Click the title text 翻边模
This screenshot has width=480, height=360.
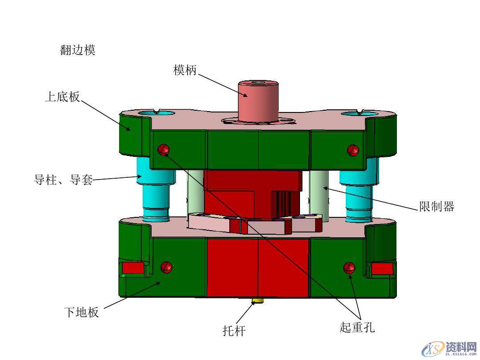pyautogui.click(x=78, y=50)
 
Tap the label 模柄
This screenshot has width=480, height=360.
pyautogui.click(x=185, y=70)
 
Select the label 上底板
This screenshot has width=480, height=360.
pyautogui.click(x=63, y=96)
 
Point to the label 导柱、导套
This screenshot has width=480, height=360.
pyautogui.click(x=64, y=180)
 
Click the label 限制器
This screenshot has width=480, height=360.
pyautogui.click(x=436, y=206)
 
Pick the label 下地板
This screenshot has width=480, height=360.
pyautogui.click(x=81, y=312)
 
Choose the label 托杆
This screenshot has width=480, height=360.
pyautogui.click(x=234, y=331)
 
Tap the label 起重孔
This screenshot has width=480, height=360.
pyautogui.click(x=357, y=328)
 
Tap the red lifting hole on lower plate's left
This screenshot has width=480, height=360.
pyautogui.click(x=167, y=267)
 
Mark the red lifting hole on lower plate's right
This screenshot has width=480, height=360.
pyautogui.click(x=349, y=267)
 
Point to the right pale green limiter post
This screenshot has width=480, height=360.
pyautogui.click(x=320, y=196)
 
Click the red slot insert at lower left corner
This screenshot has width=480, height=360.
pyautogui.click(x=132, y=268)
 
